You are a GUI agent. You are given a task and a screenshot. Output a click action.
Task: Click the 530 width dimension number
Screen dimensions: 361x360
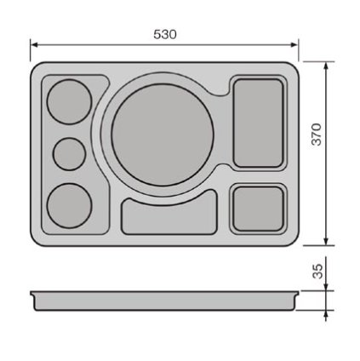(x=164, y=34)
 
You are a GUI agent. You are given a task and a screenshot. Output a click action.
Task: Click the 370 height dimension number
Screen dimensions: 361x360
(x=316, y=134)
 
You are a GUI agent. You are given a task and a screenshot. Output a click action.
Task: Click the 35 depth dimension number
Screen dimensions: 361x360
(x=316, y=271)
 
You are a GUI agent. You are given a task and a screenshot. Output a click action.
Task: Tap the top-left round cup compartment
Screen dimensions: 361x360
(x=67, y=102)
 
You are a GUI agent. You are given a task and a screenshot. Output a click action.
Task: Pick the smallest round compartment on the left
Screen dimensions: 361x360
(x=69, y=153)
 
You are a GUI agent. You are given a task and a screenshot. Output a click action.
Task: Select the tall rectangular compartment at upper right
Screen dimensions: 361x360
(x=258, y=122)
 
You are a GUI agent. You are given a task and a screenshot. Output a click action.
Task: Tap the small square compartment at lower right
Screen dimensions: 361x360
(x=257, y=208)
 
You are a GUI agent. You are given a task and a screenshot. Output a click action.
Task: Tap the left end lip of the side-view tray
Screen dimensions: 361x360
(x=33, y=294)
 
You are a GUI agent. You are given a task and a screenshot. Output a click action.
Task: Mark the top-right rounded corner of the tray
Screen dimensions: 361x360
(x=293, y=68)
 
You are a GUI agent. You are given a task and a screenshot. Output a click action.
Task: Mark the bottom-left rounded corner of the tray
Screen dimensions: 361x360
(x=36, y=241)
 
